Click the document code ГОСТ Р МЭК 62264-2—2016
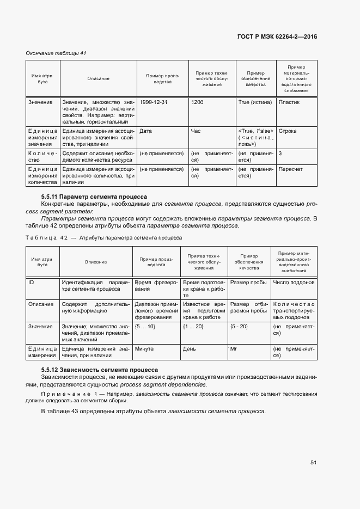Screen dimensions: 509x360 tap(277, 36)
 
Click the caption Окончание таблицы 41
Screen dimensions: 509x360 tap(56, 53)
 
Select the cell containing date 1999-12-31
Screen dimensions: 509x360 tap(153, 102)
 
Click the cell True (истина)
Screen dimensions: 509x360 tap(254, 102)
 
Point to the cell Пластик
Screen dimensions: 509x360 tap(289, 102)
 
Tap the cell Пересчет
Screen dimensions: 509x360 tap(291, 169)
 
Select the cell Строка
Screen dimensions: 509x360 tap(287, 131)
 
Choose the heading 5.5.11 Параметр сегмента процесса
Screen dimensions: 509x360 tap(94, 196)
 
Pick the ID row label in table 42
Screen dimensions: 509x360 tap(32, 283)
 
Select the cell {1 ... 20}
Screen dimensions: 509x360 tap(193, 326)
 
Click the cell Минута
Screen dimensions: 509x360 tap(144, 348)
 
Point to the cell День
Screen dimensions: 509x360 tap(190, 348)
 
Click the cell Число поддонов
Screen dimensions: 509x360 tap(294, 283)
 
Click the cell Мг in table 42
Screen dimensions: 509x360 tap(234, 348)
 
